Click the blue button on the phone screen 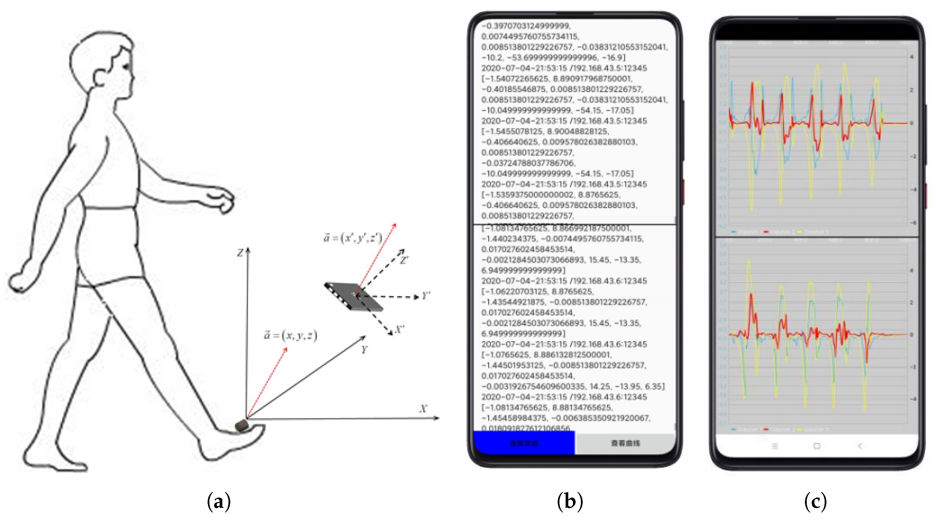point(524,443)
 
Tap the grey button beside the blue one point(625,443)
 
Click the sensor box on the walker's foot point(241,425)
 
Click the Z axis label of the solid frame point(240,252)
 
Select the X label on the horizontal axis point(423,409)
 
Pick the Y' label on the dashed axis point(425,296)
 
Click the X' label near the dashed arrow point(399,330)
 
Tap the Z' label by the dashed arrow point(404,260)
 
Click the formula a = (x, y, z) point(290,335)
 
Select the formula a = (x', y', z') point(352,238)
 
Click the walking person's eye point(126,67)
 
